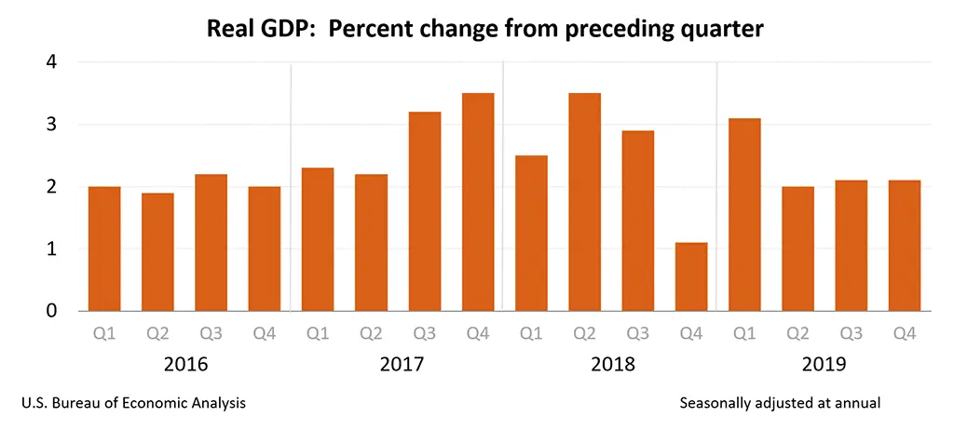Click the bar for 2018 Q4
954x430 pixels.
pyautogui.click(x=690, y=276)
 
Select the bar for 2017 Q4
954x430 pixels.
pyautogui.click(x=478, y=202)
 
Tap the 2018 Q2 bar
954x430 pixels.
pyautogui.click(x=584, y=202)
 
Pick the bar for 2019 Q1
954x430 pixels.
pyautogui.click(x=743, y=214)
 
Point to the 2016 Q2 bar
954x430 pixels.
pyautogui.click(x=157, y=251)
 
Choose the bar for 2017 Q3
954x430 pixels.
pyautogui.click(x=425, y=211)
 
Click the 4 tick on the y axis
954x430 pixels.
pyautogui.click(x=51, y=62)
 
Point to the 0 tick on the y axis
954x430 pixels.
pyautogui.click(x=51, y=311)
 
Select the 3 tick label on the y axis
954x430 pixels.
pyautogui.click(x=51, y=125)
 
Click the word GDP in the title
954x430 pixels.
pyautogui.click(x=284, y=30)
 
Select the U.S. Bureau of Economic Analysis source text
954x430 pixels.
pyautogui.click(x=133, y=403)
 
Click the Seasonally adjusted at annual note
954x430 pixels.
pyautogui.click(x=780, y=403)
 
